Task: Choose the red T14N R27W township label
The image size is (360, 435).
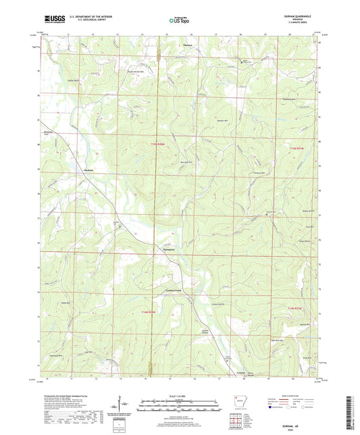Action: click(x=297, y=309)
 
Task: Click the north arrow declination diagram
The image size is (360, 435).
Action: click(x=120, y=404)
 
